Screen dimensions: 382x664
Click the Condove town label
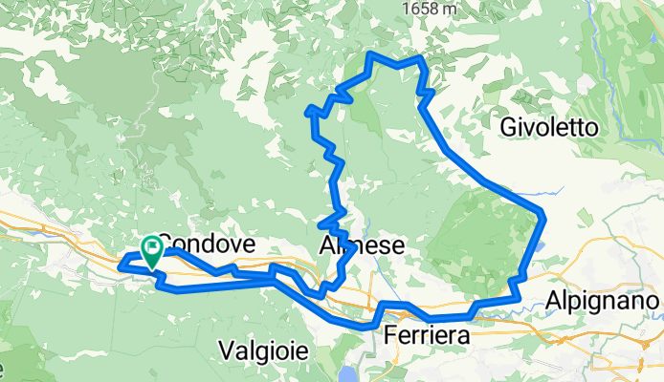point(206,244)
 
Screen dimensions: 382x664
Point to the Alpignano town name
point(604,301)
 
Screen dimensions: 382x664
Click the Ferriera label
point(427,336)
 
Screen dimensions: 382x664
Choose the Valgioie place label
point(263,350)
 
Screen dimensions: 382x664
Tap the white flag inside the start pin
point(152,248)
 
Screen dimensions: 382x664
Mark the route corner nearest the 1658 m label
point(420,59)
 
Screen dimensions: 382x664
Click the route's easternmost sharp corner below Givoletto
point(543,214)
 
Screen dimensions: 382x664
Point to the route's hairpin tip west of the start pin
point(120,265)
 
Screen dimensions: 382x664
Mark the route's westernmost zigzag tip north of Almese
point(307,112)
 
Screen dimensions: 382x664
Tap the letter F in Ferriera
point(390,336)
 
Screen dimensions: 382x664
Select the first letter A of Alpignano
point(554,301)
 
